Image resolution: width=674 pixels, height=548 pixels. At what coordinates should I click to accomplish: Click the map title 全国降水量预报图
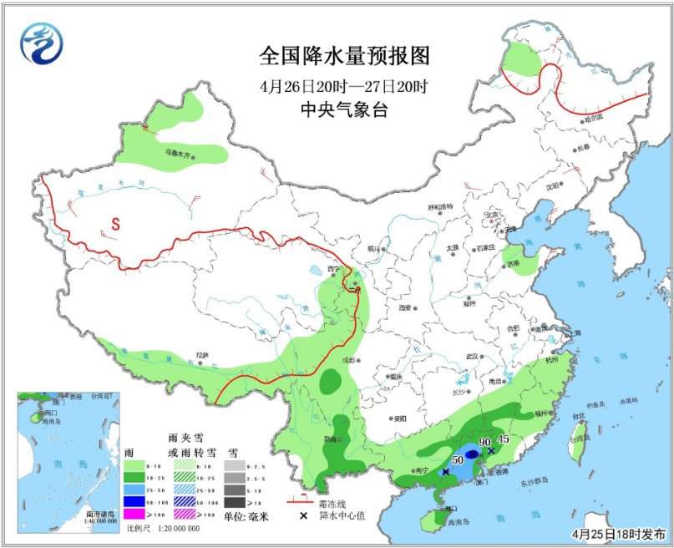pyautogui.click(x=344, y=56)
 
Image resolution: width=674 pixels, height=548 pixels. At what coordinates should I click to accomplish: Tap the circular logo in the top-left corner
pyautogui.click(x=42, y=43)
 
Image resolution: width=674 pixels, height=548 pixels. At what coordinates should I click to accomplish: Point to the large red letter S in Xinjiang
pyautogui.click(x=115, y=223)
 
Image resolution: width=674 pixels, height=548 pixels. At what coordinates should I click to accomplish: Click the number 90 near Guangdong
pyautogui.click(x=485, y=442)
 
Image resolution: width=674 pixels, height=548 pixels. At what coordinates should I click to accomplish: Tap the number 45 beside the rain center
pyautogui.click(x=504, y=439)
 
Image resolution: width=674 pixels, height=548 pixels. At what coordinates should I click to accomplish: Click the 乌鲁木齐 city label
pyautogui.click(x=177, y=153)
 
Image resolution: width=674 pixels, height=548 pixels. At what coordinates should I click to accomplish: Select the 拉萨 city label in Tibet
pyautogui.click(x=201, y=354)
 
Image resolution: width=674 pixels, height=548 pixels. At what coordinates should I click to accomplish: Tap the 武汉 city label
pyautogui.click(x=473, y=356)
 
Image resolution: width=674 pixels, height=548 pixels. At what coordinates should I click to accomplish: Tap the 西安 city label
pyautogui.click(x=405, y=308)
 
